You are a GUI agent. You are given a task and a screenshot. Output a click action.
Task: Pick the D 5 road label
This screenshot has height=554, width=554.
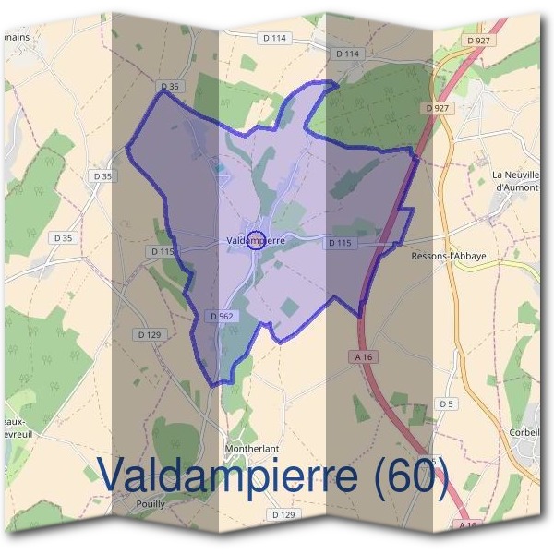pos(448,403)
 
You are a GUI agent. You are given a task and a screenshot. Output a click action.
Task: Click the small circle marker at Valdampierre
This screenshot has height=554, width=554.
pos(257,239)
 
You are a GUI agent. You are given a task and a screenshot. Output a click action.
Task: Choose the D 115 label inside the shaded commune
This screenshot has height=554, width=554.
pos(340,243)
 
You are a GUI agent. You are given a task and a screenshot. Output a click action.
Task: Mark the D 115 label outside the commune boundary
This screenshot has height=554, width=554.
pos(162,251)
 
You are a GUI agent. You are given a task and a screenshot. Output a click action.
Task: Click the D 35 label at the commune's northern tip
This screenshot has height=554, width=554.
pos(168,87)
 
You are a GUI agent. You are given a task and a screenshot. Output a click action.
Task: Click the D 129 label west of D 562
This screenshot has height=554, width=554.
pos(148,333)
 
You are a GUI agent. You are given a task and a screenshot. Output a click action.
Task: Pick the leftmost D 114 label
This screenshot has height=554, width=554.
pos(275,38)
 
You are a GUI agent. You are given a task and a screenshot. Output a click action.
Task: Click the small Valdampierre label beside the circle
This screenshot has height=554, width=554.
pos(255,240)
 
